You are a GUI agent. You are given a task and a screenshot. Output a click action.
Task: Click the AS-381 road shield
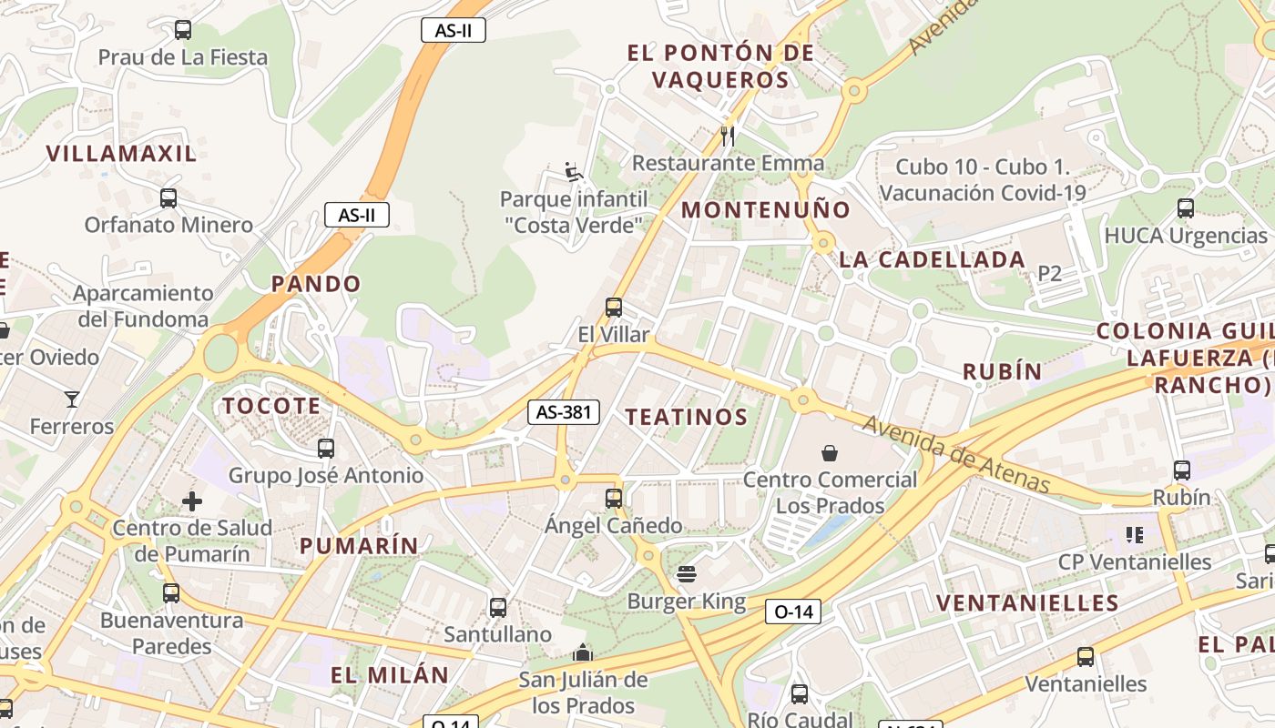[x=564, y=412]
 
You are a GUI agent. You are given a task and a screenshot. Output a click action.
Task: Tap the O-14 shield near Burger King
[x=792, y=612]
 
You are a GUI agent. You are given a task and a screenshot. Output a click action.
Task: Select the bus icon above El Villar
[x=614, y=308]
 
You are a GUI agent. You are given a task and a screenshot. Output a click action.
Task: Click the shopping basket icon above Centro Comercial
[x=830, y=452]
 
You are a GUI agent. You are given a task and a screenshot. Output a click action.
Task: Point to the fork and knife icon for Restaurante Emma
[x=727, y=136]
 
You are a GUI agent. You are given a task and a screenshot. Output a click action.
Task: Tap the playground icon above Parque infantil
[x=573, y=171]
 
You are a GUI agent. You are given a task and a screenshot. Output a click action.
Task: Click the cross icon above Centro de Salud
[x=192, y=501]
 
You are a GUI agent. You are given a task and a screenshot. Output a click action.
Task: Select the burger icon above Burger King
[x=687, y=574]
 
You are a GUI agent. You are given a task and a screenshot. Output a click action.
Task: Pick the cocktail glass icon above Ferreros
[x=72, y=399]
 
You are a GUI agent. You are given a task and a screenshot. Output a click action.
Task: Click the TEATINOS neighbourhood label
[x=687, y=418]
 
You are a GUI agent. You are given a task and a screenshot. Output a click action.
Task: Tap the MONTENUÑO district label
[x=766, y=210]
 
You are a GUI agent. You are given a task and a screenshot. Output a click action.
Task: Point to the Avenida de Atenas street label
[x=956, y=454]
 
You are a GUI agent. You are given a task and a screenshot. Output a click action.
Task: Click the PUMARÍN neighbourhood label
[x=360, y=546]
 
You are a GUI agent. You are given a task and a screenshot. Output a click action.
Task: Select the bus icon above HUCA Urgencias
[x=1186, y=208]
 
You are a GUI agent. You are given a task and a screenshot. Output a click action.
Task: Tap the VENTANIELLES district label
[x=1027, y=602]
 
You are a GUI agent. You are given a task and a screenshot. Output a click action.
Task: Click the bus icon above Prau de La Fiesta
[x=183, y=30]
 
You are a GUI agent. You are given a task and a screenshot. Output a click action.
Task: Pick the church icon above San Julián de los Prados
[x=583, y=652]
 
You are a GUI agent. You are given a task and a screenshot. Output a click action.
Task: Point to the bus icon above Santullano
[x=498, y=607]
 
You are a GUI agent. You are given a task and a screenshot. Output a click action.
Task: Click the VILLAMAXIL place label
[x=121, y=153]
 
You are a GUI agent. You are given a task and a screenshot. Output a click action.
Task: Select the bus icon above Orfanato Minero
[x=168, y=197]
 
